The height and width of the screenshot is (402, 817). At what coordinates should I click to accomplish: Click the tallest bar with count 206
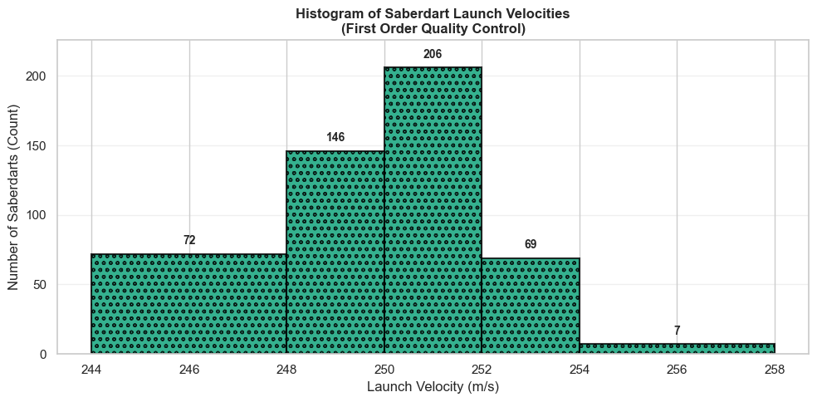coord(433,211)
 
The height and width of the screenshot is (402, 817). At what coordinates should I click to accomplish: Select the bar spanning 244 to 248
coord(189,304)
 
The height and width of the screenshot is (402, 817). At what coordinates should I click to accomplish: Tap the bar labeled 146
coord(335,252)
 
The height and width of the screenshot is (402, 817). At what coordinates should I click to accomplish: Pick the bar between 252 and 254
coord(531,306)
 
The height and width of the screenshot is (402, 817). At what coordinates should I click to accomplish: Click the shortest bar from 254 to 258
coord(677,349)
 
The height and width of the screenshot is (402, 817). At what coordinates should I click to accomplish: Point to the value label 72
coord(189,241)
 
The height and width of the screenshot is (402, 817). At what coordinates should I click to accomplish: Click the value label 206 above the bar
coord(433,55)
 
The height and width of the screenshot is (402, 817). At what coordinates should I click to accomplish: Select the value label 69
coord(531,245)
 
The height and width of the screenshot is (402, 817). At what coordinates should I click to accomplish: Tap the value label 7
coord(677,331)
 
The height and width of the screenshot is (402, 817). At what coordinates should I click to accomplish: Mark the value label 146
coord(335,138)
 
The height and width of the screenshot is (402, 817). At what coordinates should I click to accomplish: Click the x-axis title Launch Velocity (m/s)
coord(433,387)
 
